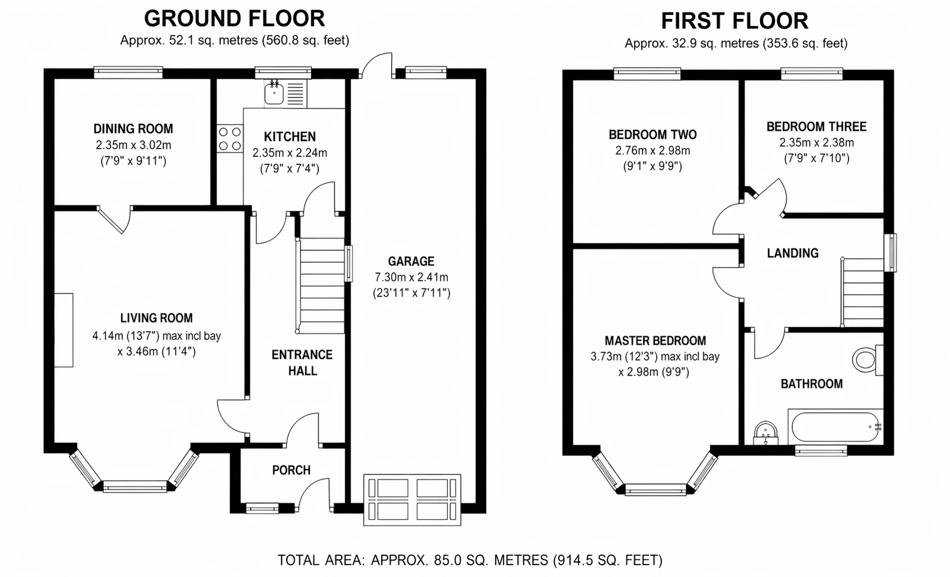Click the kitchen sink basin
click(274, 93)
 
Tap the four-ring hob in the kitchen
click(230, 138)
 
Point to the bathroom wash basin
click(765, 433)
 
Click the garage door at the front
click(412, 500)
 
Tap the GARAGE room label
click(411, 261)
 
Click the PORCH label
click(291, 470)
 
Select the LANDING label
click(792, 253)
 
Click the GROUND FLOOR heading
click(234, 19)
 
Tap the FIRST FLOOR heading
click(735, 21)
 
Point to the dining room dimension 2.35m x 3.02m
click(133, 145)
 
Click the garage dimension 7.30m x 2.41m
click(411, 277)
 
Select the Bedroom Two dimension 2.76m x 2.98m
click(653, 151)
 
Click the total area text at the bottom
click(470, 560)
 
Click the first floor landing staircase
click(862, 292)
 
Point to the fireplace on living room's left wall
click(64, 330)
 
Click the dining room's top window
click(128, 73)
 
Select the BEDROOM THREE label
click(817, 126)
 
